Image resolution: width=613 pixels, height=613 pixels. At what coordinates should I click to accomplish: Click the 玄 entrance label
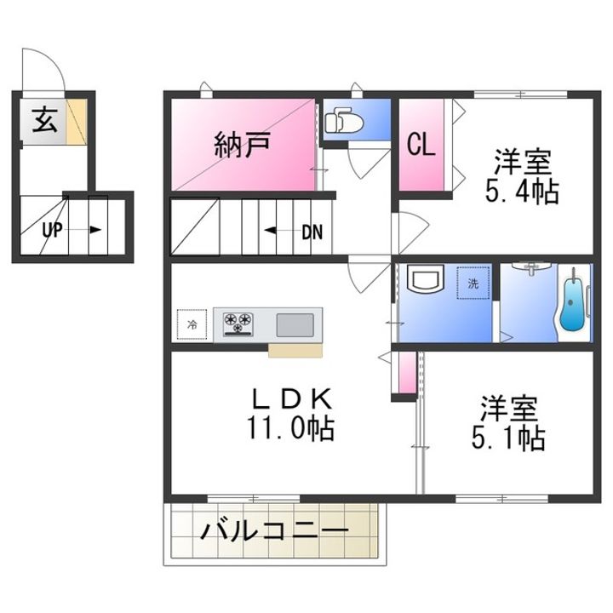point(45,120)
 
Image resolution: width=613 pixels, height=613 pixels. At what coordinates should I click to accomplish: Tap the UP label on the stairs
point(53,230)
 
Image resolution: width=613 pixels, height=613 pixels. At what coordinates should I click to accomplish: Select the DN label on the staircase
point(312,232)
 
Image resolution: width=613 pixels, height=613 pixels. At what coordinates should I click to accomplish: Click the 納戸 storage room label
point(243,145)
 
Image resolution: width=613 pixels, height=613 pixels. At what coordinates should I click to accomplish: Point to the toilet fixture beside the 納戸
point(344,120)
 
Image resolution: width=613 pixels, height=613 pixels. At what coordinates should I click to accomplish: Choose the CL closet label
point(421,144)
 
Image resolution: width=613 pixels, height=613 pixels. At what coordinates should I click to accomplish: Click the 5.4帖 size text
point(522,192)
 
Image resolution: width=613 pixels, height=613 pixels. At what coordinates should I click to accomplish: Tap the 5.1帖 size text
point(508,438)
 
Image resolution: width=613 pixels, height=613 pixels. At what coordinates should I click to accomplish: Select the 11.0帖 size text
point(290,429)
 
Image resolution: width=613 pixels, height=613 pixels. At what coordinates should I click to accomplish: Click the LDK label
point(292,398)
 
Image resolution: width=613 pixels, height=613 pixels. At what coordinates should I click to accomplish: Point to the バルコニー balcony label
point(274,530)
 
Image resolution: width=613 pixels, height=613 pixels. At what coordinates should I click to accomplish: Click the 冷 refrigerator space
point(192,324)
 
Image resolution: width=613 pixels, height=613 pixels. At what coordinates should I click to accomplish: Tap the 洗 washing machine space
point(473,283)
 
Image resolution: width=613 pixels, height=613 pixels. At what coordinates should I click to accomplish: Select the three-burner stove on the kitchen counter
point(238,324)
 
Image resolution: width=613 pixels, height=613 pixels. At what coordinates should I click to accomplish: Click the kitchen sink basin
point(295,325)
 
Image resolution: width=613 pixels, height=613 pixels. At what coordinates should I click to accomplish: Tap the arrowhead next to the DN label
point(270,231)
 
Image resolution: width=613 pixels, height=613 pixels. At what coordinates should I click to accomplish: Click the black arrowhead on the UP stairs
point(95,230)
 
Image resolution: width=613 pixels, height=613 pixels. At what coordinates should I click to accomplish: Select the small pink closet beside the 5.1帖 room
point(407,373)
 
